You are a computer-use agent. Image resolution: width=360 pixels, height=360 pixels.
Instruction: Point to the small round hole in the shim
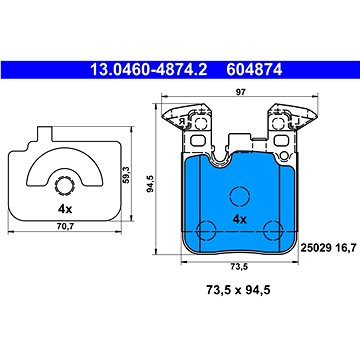coord(64,185)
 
